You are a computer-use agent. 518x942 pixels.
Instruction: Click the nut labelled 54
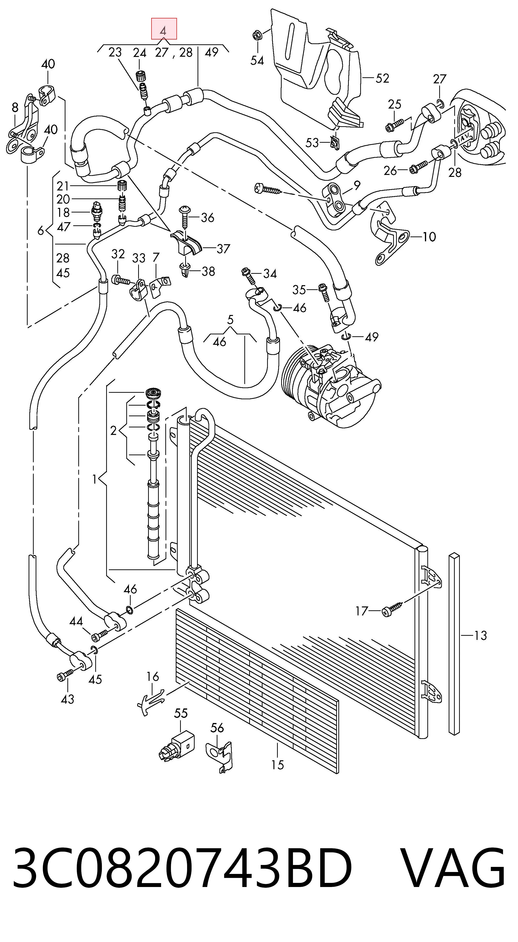[256, 36]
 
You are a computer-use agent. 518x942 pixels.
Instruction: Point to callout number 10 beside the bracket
[429, 237]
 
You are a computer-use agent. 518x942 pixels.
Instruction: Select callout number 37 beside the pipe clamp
[223, 249]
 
